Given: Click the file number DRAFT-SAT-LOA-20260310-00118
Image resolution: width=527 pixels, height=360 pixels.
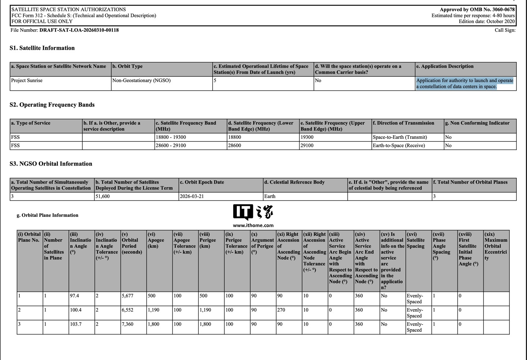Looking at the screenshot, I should [x=79, y=30].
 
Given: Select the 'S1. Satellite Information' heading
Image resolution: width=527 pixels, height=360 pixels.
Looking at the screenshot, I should [x=42, y=48].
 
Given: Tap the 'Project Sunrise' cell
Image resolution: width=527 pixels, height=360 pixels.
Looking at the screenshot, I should [x=27, y=81].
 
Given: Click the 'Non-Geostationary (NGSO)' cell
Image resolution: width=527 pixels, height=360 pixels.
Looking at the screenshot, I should [x=141, y=81].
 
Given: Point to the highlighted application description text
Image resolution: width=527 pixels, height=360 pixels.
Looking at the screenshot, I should [x=464, y=83].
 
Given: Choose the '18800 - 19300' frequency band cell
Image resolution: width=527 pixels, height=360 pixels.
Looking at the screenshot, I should [x=171, y=137].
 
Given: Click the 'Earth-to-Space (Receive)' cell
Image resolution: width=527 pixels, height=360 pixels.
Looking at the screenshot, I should [x=399, y=146].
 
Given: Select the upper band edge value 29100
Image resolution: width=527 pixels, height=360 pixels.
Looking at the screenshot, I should [x=308, y=146].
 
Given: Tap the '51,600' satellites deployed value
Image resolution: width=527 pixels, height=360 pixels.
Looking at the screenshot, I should [x=103, y=196].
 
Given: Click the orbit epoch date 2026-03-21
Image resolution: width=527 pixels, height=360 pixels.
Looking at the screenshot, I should [x=192, y=196].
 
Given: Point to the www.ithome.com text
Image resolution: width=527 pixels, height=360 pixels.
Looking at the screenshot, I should [x=253, y=226].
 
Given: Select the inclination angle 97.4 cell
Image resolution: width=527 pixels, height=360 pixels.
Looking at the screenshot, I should [x=75, y=296].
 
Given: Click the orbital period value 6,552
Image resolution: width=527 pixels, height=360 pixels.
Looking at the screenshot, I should [x=127, y=310].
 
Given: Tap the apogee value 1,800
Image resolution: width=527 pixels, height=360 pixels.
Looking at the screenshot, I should [x=153, y=324].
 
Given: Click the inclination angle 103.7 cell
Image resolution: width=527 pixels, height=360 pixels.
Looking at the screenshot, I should [x=76, y=324].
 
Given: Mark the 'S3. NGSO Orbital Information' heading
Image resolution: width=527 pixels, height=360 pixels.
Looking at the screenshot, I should [x=51, y=164].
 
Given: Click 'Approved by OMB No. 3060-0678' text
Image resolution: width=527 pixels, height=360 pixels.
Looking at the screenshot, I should [x=477, y=10].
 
